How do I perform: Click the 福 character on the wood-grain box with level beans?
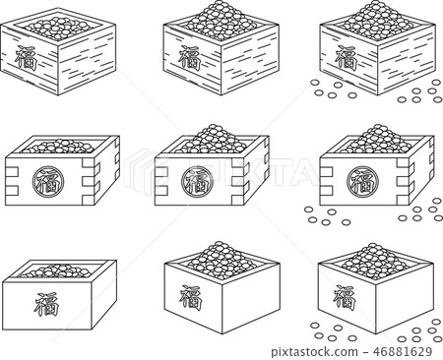pos(26,58)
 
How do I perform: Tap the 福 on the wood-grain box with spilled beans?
pos(346,58)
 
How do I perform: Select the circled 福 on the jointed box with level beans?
pos(48,182)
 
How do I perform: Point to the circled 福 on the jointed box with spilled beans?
pos(362,182)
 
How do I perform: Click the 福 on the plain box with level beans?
pos(46,304)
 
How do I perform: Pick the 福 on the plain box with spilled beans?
pos(345,298)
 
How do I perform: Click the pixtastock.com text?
pos(314,352)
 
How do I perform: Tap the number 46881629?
pos(403,351)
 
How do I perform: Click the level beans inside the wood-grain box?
pos(59,29)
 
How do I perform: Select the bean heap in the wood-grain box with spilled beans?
pos(377,21)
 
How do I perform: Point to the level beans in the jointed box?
pos(58,147)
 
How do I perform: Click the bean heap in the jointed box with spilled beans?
pos(376,140)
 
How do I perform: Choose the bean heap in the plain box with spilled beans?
pos(376,261)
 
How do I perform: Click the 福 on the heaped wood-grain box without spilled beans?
pos(189,58)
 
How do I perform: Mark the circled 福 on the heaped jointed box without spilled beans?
pos(198,182)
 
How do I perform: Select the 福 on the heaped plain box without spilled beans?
pos(190,298)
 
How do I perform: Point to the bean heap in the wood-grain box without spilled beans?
pos(221,21)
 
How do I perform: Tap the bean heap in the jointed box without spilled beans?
pos(211,140)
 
